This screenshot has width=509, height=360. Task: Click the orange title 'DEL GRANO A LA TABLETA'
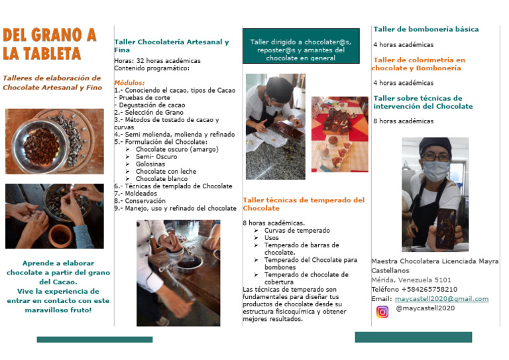point(49,44)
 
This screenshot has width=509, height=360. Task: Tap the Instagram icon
point(382,312)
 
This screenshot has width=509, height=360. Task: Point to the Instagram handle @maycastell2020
point(425,308)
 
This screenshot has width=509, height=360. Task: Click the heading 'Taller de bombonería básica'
point(425,29)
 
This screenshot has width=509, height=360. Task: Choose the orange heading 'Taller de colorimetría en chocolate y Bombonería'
point(418,64)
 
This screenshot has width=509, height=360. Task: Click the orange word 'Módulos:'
point(129,83)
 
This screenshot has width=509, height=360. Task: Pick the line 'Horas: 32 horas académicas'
point(157,60)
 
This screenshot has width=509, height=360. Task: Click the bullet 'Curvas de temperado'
point(296,230)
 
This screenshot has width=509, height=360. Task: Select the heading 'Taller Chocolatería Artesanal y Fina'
point(171,46)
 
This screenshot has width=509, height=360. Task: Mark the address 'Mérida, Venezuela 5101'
point(411,280)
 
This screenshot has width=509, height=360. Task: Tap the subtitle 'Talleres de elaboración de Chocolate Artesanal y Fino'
point(53,82)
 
